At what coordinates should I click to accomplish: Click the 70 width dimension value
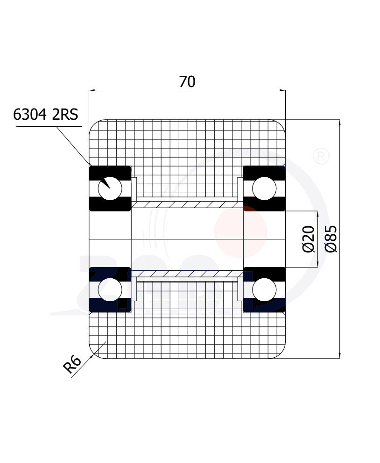point(187,82)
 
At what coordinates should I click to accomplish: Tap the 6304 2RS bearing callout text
point(45,115)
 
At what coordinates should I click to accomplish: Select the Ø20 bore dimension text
point(308,239)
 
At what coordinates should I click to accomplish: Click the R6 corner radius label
point(72,365)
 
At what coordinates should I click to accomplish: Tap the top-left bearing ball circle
point(110,188)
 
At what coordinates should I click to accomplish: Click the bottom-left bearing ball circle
point(110,289)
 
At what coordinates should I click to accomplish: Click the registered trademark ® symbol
point(321,156)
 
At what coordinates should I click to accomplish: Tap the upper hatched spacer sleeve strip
point(187,204)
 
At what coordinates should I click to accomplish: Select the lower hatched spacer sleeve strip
point(187,274)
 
